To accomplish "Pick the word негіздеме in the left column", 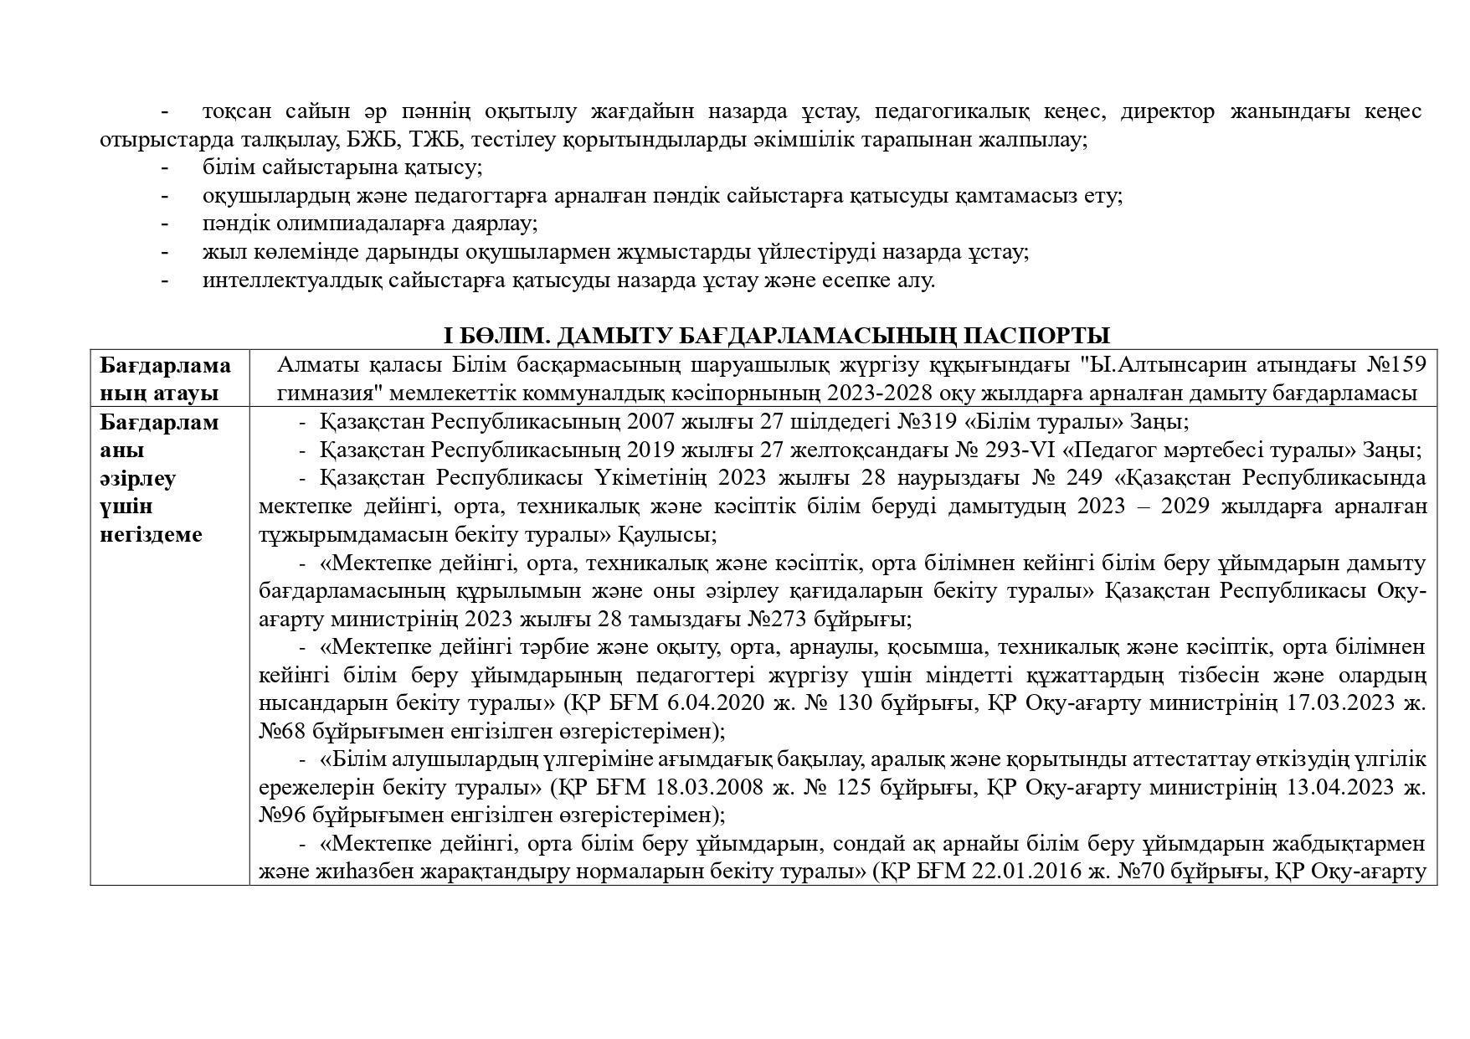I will coord(152,534).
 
